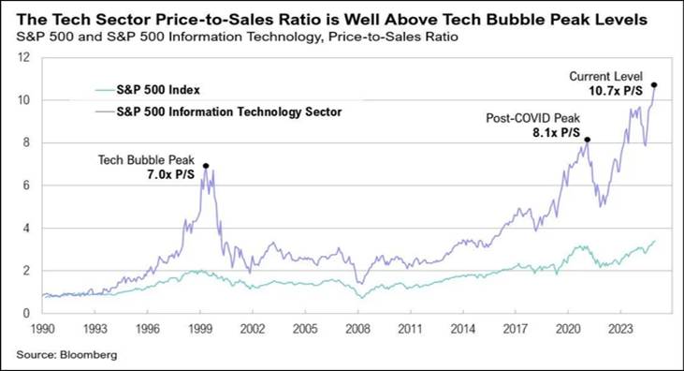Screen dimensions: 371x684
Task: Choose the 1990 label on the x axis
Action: point(43,329)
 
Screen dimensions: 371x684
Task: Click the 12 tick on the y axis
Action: point(24,57)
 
